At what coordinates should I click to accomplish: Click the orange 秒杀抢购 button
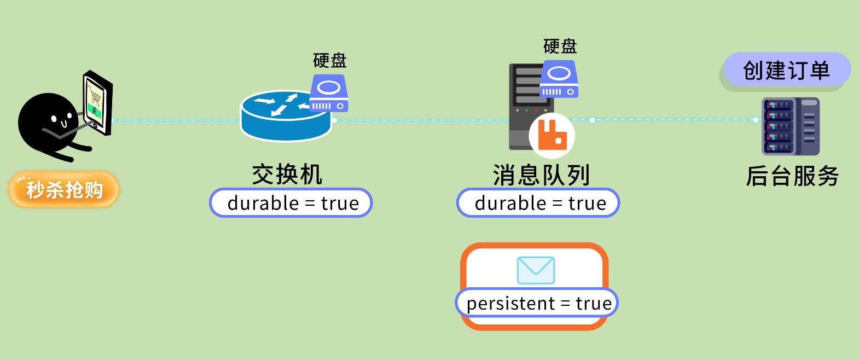64,189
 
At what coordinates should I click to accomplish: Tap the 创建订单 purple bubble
787,70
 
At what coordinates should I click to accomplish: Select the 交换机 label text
287,175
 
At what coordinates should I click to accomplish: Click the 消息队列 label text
541,175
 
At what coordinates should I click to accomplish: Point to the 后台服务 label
792,176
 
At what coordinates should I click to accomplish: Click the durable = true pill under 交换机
291,203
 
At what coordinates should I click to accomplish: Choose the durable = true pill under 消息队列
538,203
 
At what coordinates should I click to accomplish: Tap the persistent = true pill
537,303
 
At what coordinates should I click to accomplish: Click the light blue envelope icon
536,270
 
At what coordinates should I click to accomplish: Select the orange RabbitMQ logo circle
552,135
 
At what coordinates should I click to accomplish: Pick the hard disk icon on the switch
329,93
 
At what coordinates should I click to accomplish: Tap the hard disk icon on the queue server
559,79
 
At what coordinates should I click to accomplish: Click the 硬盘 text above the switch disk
330,60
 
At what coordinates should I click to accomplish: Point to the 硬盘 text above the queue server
560,46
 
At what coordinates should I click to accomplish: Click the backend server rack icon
791,126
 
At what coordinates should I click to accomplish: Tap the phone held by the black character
98,103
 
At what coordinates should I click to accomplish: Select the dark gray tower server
531,107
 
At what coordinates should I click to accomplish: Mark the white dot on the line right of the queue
592,120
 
